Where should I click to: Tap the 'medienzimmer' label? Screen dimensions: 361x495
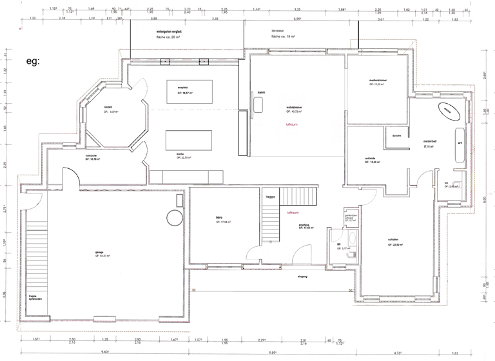(x=378, y=80)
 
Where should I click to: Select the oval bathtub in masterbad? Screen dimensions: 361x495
(x=447, y=111)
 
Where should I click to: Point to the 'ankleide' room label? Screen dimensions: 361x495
(x=372, y=159)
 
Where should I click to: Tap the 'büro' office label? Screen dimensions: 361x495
(x=210, y=219)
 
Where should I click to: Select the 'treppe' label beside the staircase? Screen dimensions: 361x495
(x=270, y=197)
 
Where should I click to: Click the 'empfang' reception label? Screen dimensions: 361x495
(x=305, y=225)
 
